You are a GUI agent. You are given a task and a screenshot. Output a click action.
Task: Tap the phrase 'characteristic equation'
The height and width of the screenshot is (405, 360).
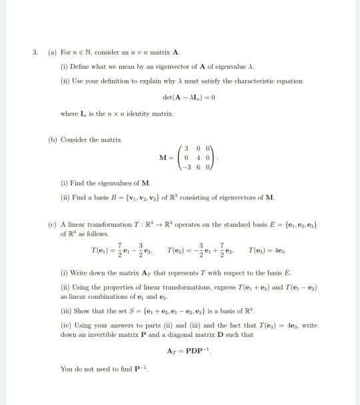pyautogui.click(x=270, y=81)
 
